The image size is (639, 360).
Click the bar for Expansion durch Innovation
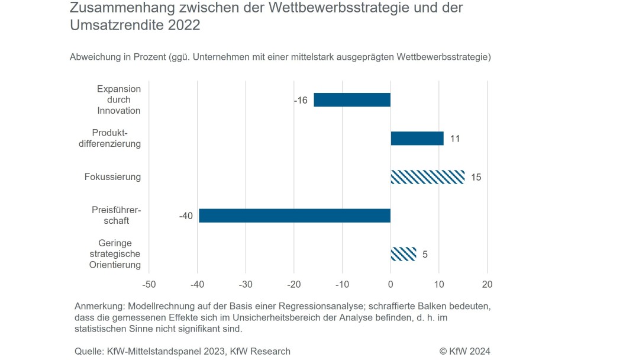(x=352, y=100)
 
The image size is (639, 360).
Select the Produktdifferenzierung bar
(x=417, y=139)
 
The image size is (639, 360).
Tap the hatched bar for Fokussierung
(x=427, y=177)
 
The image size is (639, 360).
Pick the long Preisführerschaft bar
(x=295, y=216)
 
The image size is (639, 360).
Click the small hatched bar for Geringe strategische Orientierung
(x=403, y=254)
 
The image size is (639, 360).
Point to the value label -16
(x=301, y=101)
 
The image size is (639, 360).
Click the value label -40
(x=186, y=216)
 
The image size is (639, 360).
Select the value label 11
(x=455, y=139)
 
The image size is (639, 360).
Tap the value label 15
(x=476, y=178)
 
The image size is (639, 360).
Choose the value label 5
(x=425, y=255)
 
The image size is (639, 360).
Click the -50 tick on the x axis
(x=149, y=284)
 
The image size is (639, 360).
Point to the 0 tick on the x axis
(x=390, y=284)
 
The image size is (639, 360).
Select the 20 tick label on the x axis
(x=486, y=284)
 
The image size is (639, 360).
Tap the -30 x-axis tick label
(x=246, y=284)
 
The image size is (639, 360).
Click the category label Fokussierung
(x=112, y=177)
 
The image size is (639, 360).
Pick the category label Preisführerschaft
(x=117, y=216)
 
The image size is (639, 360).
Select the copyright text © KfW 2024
(x=464, y=351)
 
